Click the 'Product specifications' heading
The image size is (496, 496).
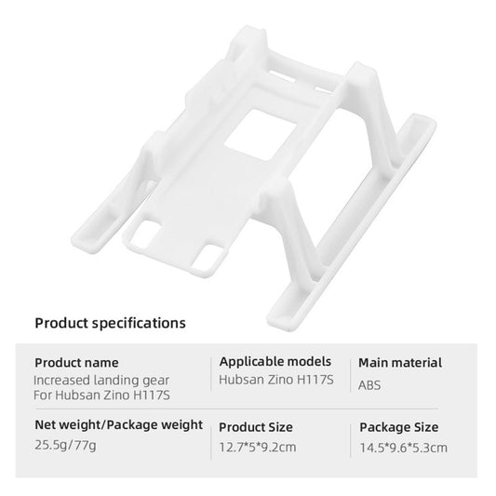[x=110, y=324]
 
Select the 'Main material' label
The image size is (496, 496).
[x=400, y=363]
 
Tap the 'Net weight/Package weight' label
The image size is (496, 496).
[x=118, y=425]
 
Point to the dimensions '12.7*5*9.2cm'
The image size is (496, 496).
[x=259, y=448]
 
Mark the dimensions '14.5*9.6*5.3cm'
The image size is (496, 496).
[x=404, y=448]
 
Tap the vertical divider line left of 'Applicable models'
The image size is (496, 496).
[x=209, y=374]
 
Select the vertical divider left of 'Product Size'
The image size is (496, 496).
[x=209, y=437]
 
